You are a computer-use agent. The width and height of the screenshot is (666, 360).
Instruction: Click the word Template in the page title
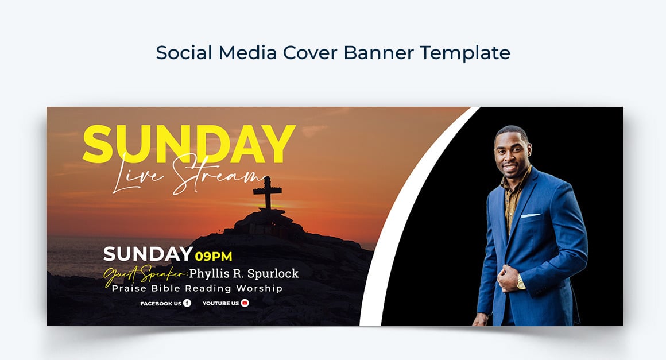465,53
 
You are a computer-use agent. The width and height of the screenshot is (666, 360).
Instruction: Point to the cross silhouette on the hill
268,193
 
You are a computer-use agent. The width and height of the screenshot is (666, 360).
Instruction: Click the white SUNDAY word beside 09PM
148,254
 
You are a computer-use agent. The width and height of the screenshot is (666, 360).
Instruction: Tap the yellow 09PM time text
214,256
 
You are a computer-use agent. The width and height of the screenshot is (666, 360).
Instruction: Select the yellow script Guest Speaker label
145,274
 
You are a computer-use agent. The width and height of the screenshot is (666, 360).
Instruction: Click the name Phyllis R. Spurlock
244,273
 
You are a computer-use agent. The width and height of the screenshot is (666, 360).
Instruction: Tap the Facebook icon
187,303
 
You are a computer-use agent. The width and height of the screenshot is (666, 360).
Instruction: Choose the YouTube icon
245,303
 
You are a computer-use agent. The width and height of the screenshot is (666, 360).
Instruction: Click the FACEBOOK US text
160,303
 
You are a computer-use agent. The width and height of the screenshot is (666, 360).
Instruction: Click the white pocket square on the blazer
531,216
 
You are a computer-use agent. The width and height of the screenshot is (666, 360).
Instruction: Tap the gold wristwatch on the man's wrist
520,282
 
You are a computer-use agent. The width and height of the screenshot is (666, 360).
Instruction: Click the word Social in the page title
184,53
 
